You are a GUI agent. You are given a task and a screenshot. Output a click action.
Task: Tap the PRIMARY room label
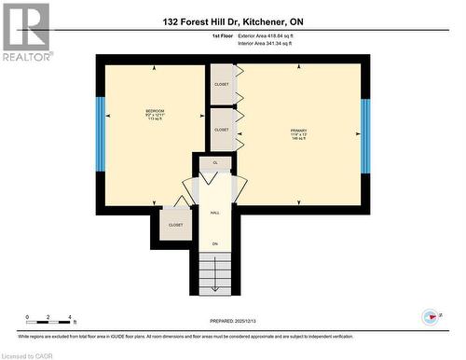pyautogui.click(x=298, y=131)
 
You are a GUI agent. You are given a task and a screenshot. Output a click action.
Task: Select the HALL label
pyautogui.click(x=215, y=213)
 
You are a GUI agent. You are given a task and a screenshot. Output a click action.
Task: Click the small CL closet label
pyautogui.click(x=215, y=163)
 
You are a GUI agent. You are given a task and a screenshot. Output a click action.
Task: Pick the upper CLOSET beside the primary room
pyautogui.click(x=221, y=84)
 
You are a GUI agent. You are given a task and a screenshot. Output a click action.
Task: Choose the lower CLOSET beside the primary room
pyautogui.click(x=221, y=130)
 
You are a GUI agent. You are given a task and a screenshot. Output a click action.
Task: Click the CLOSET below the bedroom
pyautogui.click(x=175, y=225)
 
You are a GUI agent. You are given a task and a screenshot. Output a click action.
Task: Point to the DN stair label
pyautogui.click(x=215, y=244)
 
